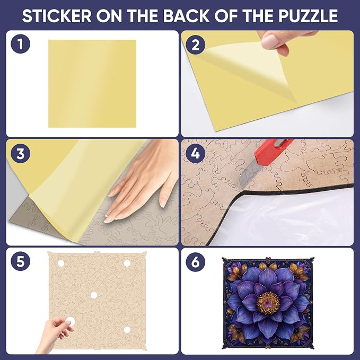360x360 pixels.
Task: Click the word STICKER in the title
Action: (x=57, y=16)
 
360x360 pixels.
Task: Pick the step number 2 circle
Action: (x=196, y=45)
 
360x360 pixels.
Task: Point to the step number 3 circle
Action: (x=21, y=153)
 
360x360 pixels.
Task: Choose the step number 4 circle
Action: (x=196, y=153)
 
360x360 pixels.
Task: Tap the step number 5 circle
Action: (x=21, y=261)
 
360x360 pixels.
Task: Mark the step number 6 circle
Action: (x=196, y=261)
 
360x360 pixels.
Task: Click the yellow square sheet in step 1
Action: (x=92, y=84)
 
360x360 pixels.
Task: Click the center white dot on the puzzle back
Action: (x=93, y=295)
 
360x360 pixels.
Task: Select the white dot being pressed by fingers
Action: (x=69, y=321)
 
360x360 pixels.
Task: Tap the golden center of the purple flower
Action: (x=268, y=303)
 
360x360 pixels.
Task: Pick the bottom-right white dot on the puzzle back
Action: (x=127, y=330)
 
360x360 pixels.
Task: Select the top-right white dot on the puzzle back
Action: (x=127, y=263)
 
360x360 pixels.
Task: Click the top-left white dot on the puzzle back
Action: (x=61, y=263)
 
